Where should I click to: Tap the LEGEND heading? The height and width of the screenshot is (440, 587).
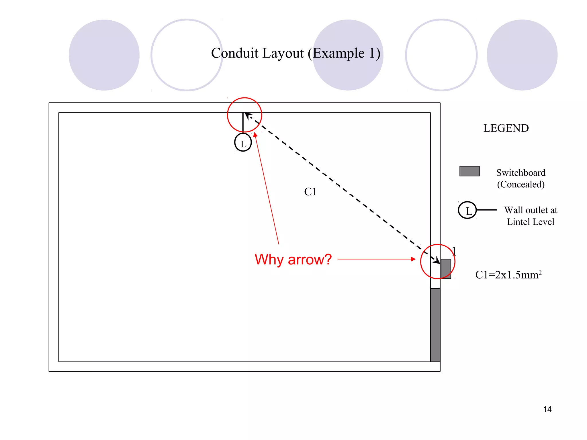point(506,128)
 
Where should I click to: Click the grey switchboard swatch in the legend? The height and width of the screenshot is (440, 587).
point(469,171)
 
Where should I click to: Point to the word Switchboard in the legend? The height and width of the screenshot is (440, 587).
point(521,173)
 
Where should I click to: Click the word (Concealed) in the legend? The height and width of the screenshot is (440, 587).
point(521,184)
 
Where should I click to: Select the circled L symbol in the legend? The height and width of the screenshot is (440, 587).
point(467,210)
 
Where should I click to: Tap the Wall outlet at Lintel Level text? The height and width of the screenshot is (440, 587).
point(531,216)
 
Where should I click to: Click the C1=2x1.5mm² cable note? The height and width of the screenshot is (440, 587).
point(508,274)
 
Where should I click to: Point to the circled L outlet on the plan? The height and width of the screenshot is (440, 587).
point(243,142)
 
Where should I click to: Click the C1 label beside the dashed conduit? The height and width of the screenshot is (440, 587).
point(310,192)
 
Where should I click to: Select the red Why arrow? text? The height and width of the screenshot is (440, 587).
point(293,260)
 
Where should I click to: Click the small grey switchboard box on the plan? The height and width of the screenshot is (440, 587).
point(446,269)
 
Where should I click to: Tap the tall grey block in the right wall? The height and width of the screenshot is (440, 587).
point(435,325)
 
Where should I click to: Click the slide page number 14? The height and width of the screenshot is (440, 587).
point(547,409)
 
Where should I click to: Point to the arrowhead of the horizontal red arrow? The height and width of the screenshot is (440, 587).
point(413,259)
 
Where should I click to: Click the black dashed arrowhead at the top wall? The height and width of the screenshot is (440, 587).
point(248,115)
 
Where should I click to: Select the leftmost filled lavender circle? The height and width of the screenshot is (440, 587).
point(104,55)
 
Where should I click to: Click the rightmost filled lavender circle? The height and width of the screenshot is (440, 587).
point(522,55)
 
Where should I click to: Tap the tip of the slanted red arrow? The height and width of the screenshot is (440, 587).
point(255,132)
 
